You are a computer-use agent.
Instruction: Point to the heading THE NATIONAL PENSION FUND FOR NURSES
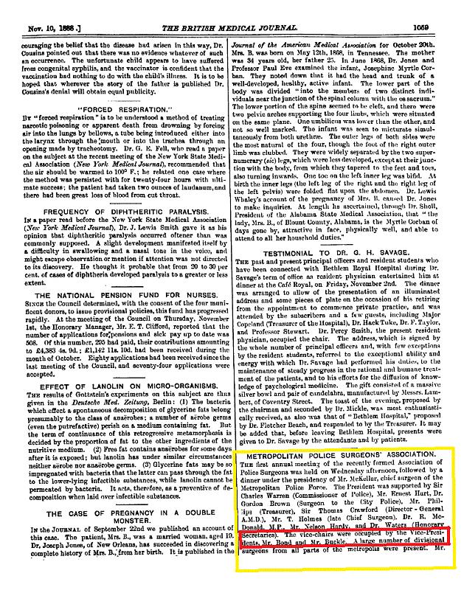[113, 274]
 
